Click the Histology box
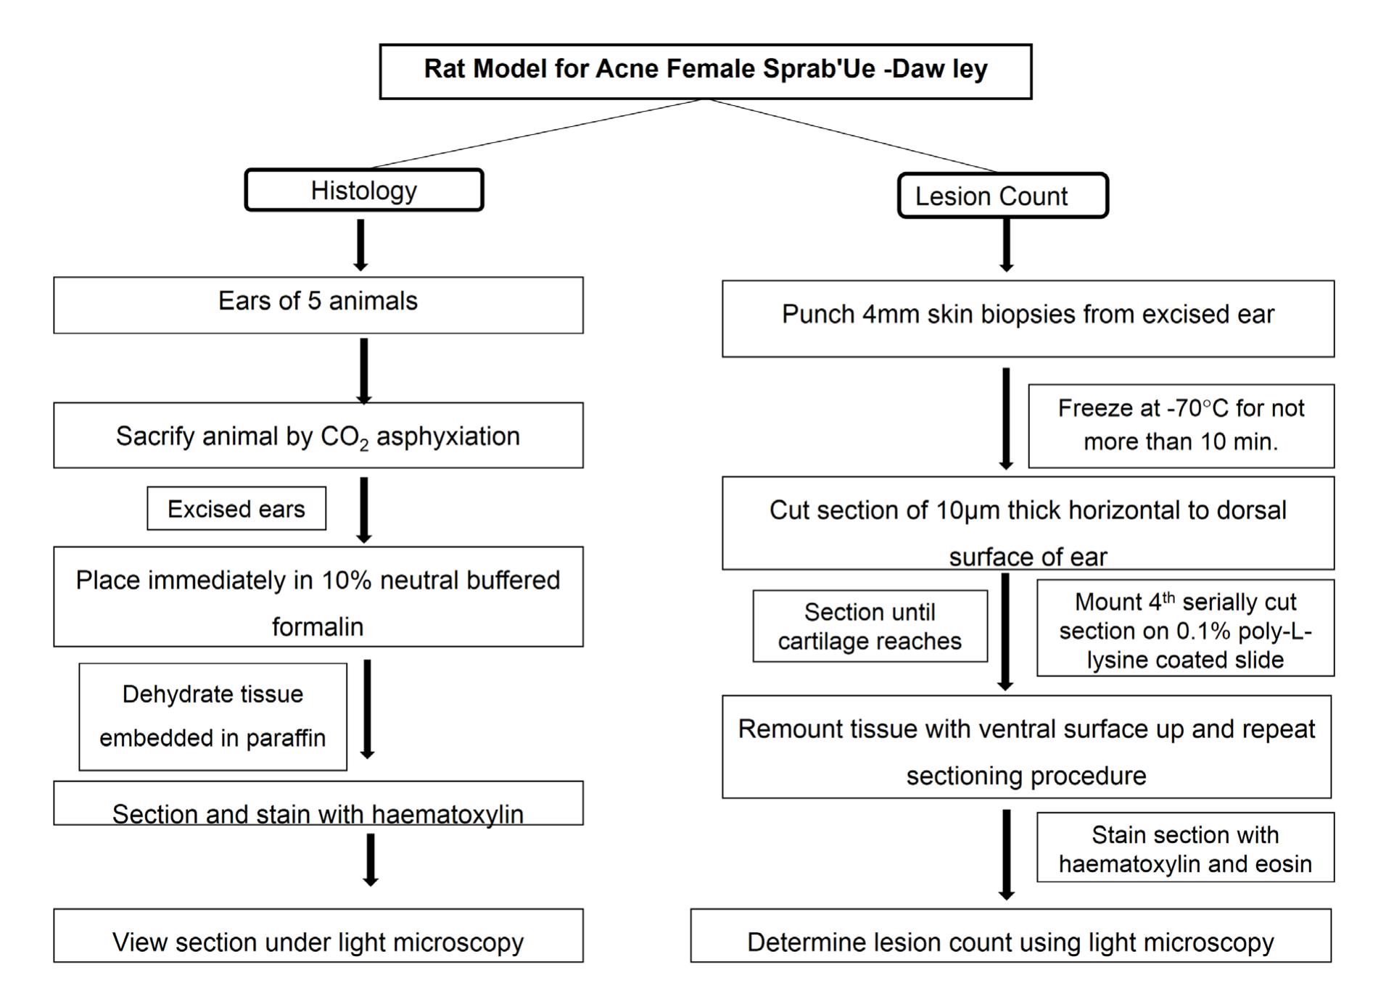coord(364,191)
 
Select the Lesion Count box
coord(1002,196)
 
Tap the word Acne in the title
coord(627,69)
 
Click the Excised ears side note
coord(236,509)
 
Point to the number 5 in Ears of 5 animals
coord(314,301)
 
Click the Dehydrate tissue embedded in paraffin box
coord(213,716)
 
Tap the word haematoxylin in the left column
coord(448,814)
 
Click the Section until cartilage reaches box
coord(870,626)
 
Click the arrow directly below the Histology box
coord(360,245)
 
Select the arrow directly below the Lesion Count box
coord(1006,245)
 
